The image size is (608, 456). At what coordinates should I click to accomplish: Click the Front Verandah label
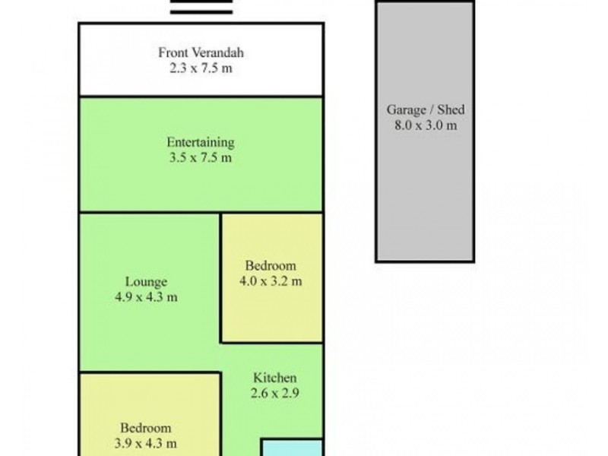[201, 52]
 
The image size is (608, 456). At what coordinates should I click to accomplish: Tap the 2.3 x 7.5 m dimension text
[201, 68]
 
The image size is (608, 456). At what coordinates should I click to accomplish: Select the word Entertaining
[201, 143]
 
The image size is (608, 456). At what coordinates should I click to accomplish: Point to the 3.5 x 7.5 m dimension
[201, 158]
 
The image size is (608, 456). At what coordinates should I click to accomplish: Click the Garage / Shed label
[426, 109]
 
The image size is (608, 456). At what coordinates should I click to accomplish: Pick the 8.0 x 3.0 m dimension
[426, 125]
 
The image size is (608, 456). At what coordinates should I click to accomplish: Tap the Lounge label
[146, 282]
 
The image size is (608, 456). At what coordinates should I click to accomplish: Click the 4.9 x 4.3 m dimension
[146, 297]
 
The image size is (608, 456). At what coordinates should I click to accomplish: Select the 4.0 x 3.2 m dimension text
[271, 280]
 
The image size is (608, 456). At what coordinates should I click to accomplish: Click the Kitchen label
[275, 378]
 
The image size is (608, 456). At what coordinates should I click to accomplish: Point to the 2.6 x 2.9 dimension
[275, 393]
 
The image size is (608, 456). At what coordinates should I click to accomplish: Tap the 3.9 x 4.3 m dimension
[146, 443]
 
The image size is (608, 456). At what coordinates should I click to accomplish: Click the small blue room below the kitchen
[293, 448]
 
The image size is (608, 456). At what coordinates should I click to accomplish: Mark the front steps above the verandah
[201, 7]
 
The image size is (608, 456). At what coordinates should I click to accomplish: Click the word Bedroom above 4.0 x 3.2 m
[271, 265]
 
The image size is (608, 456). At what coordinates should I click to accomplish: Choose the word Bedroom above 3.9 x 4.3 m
[146, 428]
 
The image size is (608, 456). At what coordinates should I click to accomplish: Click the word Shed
[451, 109]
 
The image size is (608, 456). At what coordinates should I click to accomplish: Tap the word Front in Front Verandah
[173, 52]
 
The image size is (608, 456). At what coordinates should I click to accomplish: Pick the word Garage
[406, 110]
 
